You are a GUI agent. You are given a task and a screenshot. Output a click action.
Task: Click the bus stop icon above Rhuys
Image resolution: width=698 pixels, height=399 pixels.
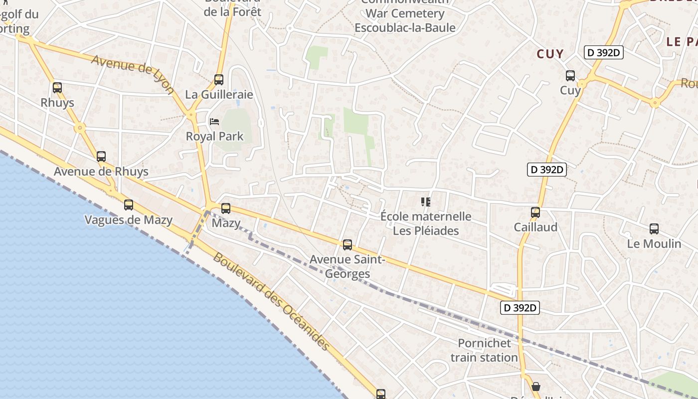[57, 88]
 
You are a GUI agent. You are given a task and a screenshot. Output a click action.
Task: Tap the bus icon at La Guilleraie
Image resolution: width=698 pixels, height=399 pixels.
[218, 80]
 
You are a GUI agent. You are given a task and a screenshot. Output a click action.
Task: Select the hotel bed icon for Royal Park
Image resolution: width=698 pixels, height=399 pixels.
[214, 122]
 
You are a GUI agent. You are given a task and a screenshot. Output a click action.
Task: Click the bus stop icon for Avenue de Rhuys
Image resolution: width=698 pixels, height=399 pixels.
[101, 157]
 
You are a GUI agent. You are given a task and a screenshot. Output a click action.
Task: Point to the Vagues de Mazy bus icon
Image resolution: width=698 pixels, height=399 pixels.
[129, 205]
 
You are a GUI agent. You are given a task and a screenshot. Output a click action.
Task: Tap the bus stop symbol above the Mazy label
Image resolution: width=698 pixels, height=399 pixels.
[226, 208]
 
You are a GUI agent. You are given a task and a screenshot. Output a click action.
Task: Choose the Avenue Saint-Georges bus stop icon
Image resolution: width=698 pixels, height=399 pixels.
[348, 245]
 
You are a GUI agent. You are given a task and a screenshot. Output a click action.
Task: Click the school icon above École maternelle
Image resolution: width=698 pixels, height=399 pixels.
[426, 202]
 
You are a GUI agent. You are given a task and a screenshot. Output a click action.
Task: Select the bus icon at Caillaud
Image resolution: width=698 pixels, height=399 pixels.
[535, 212]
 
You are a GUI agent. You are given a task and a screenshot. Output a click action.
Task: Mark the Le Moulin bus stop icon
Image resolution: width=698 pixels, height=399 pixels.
[654, 229]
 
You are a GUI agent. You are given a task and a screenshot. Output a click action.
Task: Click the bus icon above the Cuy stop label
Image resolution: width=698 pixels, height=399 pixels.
[570, 76]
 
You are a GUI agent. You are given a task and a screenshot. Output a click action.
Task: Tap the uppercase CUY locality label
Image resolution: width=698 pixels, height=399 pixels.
[550, 54]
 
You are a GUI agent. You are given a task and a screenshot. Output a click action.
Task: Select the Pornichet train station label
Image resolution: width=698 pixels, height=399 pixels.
[484, 350]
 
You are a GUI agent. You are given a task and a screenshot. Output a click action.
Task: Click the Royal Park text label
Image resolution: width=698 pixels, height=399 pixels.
[214, 136]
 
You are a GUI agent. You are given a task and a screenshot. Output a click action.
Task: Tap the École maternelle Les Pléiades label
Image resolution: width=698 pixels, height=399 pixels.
[426, 223]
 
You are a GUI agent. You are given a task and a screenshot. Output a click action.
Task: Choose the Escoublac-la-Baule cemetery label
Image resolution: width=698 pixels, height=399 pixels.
[405, 20]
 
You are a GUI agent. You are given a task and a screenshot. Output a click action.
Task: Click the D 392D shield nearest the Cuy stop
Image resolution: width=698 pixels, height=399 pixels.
[604, 52]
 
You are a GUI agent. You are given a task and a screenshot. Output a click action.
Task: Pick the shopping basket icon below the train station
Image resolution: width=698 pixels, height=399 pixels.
[536, 387]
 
